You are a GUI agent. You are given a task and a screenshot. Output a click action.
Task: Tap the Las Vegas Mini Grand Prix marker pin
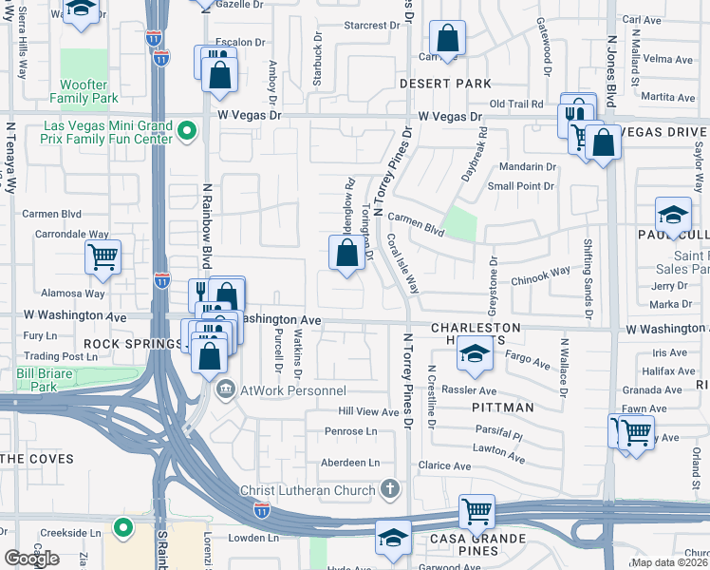point(188,132)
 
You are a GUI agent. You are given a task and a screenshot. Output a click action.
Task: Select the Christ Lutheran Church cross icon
point(388,489)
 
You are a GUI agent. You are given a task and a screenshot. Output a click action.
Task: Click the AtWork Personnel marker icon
point(226,389)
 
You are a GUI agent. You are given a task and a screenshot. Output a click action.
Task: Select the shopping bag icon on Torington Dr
point(347,252)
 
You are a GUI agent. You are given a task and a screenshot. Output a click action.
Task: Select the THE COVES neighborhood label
point(37,459)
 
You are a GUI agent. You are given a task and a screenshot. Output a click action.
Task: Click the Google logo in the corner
point(32,558)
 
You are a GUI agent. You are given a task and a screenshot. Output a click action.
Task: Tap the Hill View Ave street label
point(370,412)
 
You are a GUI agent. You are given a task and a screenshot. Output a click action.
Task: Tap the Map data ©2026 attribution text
point(668,562)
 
